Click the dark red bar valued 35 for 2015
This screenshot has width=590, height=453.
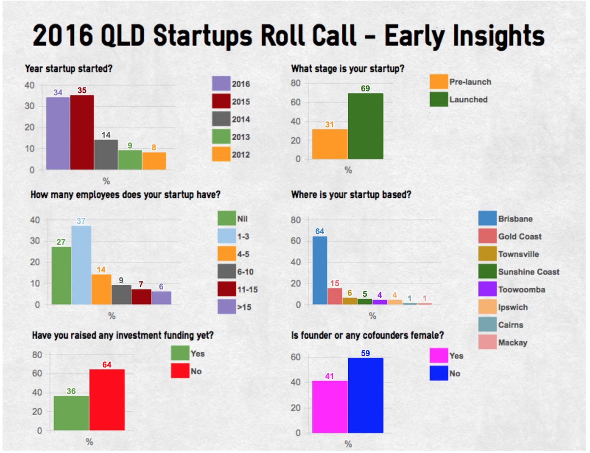click(82, 132)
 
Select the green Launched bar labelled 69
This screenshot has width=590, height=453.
click(365, 126)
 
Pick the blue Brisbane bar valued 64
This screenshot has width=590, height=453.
click(320, 270)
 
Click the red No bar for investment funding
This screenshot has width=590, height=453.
click(107, 401)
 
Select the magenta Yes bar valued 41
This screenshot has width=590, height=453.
click(329, 407)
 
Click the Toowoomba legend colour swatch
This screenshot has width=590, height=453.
click(486, 289)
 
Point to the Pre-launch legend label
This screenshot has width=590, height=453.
click(470, 82)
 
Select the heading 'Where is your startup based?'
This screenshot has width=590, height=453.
click(351, 195)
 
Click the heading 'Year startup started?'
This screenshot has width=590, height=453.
click(69, 69)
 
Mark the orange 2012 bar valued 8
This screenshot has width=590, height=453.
click(154, 161)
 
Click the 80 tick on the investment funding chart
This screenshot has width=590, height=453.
click(36, 355)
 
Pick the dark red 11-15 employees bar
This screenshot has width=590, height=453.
click(141, 297)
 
